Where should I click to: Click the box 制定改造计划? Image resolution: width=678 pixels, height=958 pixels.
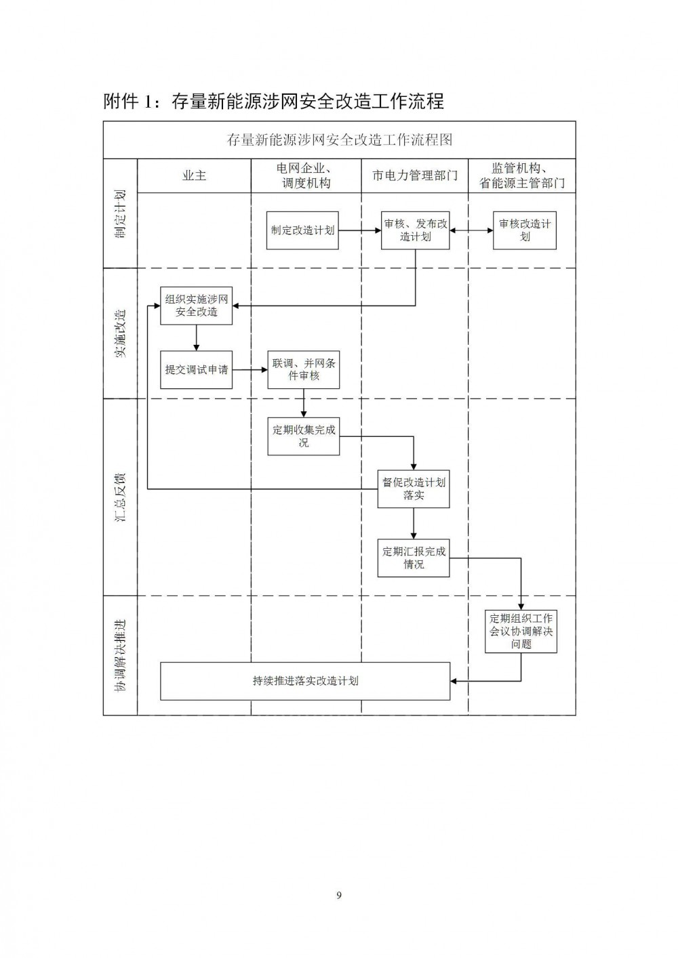(302, 230)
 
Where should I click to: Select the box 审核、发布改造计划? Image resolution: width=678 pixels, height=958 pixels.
(415, 230)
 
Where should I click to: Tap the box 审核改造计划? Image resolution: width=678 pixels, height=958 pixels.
(524, 230)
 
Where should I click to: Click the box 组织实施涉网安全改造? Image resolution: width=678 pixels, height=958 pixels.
(196, 306)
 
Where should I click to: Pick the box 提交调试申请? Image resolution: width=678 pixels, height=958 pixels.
(196, 370)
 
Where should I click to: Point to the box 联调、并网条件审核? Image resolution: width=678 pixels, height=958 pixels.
(304, 370)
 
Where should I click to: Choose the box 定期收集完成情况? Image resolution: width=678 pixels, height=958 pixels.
(304, 436)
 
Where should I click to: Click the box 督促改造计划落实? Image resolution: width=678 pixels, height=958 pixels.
(414, 489)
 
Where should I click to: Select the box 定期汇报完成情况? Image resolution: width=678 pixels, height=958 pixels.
(414, 558)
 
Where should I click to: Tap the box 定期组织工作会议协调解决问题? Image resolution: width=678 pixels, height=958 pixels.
(521, 631)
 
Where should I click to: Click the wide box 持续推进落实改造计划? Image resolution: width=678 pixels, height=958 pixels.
(305, 682)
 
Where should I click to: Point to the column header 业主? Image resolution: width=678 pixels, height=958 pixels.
(195, 175)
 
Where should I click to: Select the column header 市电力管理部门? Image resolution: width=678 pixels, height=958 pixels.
(415, 175)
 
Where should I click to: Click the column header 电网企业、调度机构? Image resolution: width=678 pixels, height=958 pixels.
(306, 175)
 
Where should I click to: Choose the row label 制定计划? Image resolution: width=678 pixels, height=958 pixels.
(121, 214)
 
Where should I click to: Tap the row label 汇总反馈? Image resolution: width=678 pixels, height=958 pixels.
(121, 498)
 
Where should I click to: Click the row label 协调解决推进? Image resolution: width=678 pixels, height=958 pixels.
(121, 655)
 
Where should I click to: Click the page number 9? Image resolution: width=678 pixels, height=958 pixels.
(339, 895)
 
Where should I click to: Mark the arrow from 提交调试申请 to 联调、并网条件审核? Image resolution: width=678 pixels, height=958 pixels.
(250, 370)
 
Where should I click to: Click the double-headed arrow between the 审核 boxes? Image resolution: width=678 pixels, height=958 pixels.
(471, 230)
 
